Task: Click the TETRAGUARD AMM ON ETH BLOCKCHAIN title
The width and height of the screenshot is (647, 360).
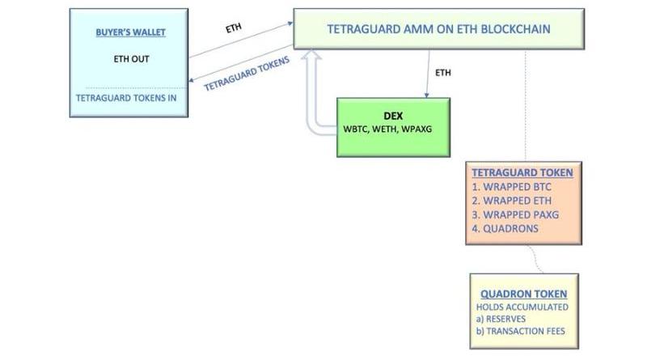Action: click(x=439, y=29)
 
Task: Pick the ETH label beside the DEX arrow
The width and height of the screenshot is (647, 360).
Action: click(x=443, y=73)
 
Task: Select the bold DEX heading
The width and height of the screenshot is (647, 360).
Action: click(x=393, y=116)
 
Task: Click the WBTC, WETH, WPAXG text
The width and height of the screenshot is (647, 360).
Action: click(x=393, y=129)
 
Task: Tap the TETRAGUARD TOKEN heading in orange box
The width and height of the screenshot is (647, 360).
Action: click(x=522, y=172)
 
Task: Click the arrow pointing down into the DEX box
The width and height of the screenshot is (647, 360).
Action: click(x=427, y=81)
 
